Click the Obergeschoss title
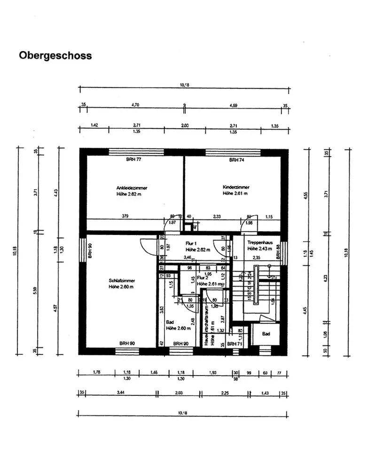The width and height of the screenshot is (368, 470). [x=55, y=55]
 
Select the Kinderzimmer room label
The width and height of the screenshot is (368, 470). [x=235, y=187]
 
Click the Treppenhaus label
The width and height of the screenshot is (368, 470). [x=259, y=243]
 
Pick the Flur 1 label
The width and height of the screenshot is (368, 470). [x=191, y=243]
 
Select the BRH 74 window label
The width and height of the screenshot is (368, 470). [x=235, y=160]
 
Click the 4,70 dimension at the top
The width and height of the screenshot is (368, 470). [x=135, y=105]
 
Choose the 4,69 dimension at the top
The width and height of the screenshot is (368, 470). [x=234, y=105]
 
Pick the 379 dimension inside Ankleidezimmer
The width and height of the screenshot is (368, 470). [x=125, y=216]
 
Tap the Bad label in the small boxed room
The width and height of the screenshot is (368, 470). [x=266, y=334]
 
